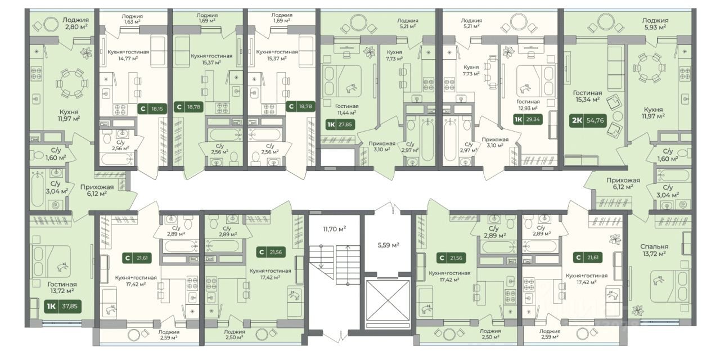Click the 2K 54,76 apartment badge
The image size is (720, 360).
588,121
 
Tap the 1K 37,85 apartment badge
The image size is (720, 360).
62,307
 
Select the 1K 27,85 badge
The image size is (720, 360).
340,124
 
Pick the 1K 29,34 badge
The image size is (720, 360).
528,120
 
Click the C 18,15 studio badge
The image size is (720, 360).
152,109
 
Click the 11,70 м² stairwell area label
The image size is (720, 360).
334,229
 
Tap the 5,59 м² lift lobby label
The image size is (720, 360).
388,245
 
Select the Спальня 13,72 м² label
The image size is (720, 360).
654,250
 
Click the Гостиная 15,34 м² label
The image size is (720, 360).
588,96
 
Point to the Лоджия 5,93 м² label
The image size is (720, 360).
655,24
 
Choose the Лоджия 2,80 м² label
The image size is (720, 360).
75,24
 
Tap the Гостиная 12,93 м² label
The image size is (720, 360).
528,105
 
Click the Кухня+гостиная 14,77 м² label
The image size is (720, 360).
128,55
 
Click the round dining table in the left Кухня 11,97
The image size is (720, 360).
71,84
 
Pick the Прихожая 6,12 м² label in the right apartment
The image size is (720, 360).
623,183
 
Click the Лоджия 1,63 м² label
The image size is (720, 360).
132,19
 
